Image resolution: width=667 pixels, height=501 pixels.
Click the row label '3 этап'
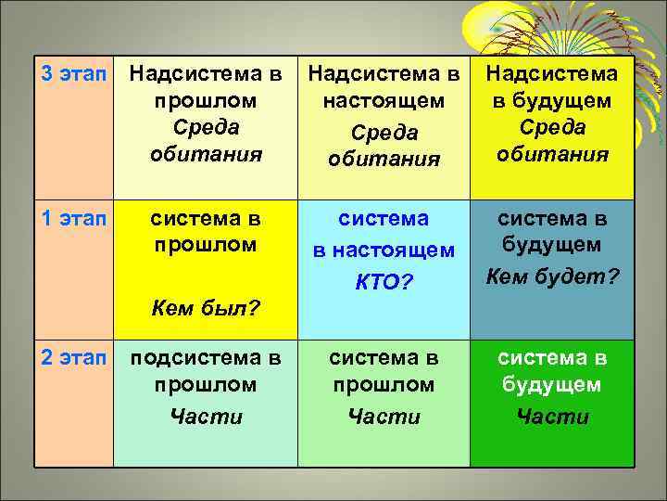coord(73,71)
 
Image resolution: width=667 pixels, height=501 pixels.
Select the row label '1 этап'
coord(73,219)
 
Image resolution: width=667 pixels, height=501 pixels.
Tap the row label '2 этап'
coord(73,357)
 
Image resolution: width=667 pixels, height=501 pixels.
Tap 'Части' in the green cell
coord(552,417)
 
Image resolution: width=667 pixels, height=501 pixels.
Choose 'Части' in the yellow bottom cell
coord(206,417)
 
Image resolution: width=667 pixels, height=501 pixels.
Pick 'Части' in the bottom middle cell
coord(384,417)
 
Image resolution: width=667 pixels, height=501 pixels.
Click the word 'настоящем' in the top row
coord(384,99)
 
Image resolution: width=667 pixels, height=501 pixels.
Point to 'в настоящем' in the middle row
coord(384,250)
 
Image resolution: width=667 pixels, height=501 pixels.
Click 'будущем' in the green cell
coord(552,384)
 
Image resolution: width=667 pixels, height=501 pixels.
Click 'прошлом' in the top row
coord(206,99)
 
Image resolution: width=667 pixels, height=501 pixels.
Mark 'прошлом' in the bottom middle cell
coord(384,384)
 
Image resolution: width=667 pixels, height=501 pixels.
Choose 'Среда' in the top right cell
coord(552,126)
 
